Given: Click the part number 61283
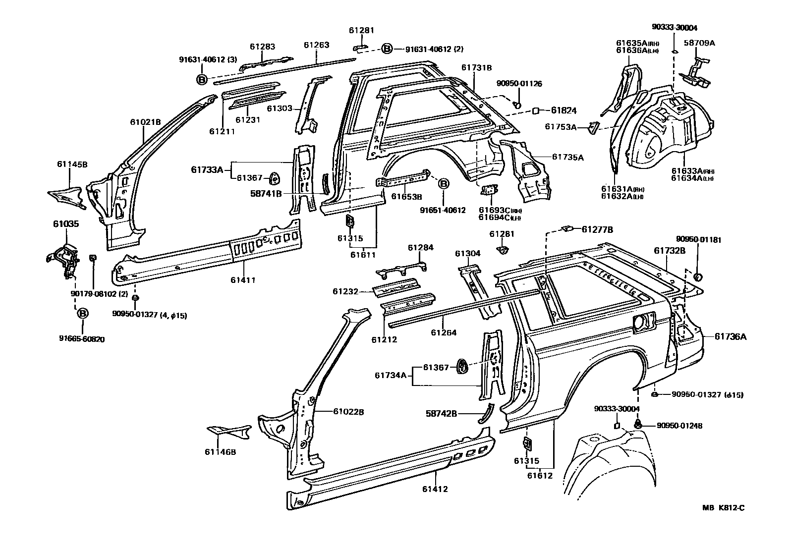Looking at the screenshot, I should [x=262, y=47].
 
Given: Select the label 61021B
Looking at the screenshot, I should [x=145, y=122].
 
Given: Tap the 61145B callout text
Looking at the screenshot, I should [x=72, y=164].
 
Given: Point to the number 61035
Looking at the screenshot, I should [x=66, y=224].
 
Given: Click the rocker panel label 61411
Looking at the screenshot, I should [x=243, y=280].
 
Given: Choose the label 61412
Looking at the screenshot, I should [x=435, y=489].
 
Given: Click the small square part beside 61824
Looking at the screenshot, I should [x=536, y=111].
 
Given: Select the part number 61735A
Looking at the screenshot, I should [x=568, y=158].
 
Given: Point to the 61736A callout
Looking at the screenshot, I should [x=731, y=337].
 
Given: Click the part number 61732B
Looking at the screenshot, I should [x=669, y=251].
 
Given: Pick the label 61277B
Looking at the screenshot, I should [x=597, y=229].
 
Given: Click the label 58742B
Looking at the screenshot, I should [x=441, y=413].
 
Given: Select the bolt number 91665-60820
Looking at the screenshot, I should [x=82, y=339].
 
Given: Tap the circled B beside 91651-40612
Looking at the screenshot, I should [x=444, y=184].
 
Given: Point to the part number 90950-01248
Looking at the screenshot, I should [x=679, y=426].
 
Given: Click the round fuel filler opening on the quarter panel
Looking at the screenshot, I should [x=640, y=322].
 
